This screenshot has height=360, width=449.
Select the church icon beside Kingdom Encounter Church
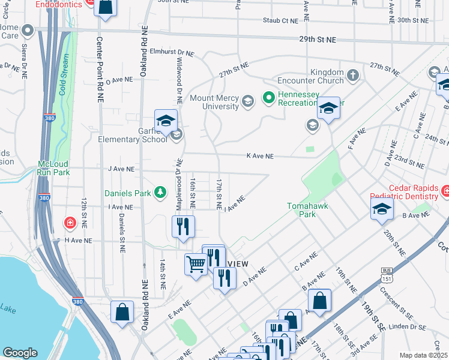point(353,76)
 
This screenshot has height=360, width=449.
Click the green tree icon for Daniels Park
point(160,193)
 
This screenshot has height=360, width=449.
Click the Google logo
point(20,352)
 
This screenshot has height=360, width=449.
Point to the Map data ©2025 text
point(423,355)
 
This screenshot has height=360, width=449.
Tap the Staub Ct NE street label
point(280,20)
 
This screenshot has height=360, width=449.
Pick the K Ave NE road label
point(260,156)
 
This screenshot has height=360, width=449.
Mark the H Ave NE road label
point(78,240)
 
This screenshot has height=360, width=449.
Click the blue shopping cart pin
point(196,263)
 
